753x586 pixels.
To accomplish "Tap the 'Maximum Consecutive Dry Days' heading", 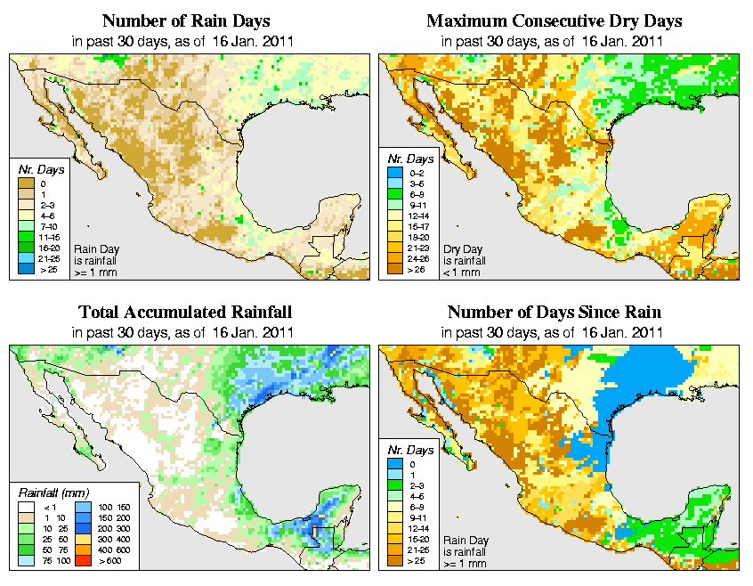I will pyautogui.click(x=554, y=20).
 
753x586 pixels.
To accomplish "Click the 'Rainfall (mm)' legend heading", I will pyautogui.click(x=52, y=492).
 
